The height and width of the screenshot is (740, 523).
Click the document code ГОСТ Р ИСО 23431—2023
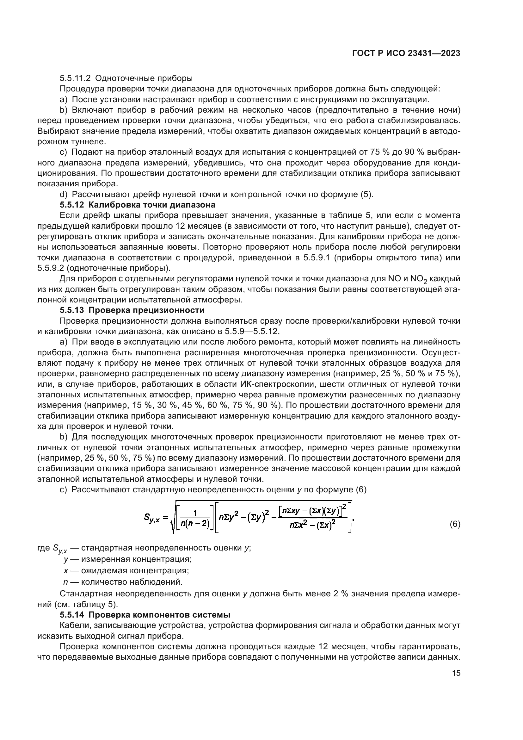(406, 53)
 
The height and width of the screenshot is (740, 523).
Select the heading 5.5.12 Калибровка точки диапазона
(138, 205)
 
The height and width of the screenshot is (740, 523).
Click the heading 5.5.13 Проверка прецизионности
(132, 310)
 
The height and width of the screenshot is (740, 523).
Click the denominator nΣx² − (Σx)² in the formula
(312, 525)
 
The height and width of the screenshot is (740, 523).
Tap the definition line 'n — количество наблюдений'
(123, 582)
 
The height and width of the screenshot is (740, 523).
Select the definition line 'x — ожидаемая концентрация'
(126, 570)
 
